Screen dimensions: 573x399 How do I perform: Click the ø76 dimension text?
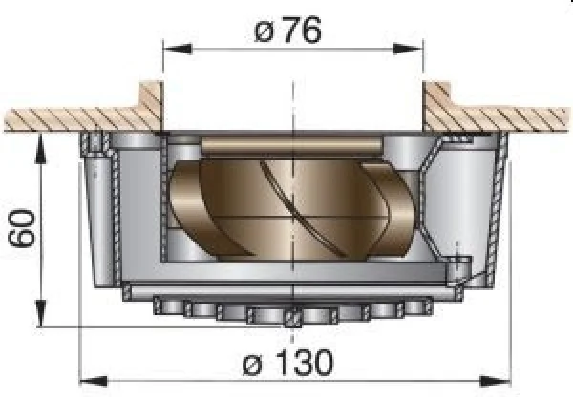pos(288,31)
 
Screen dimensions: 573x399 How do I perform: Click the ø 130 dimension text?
pos(288,363)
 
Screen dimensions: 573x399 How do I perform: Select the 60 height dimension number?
pos(22,228)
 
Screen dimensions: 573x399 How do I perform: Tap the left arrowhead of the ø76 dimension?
pos(178,49)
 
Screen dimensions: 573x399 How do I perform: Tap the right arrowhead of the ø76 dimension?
pos(408,49)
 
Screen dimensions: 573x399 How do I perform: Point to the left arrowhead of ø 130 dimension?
pos(94,382)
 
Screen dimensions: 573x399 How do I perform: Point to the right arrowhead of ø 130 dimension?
pos(495,382)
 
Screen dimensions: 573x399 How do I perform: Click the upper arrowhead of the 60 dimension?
pos(41,148)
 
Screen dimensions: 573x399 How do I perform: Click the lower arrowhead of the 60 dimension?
pos(41,313)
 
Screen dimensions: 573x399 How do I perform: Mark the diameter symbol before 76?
pos(264,33)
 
